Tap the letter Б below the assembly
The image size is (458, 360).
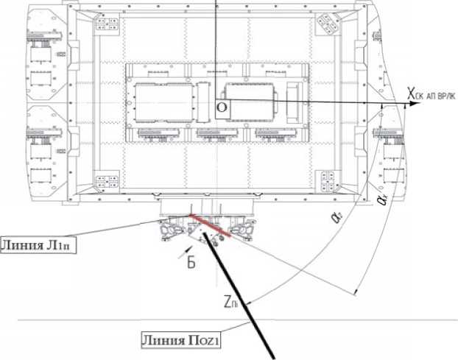[x=190, y=263]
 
